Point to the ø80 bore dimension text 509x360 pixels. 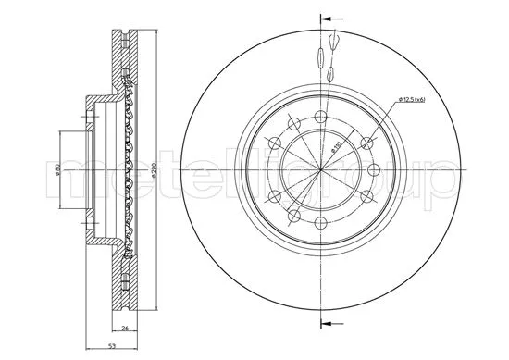tap(57, 171)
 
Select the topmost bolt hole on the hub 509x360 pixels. tap(320, 116)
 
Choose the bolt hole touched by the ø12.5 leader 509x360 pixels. tap(367, 142)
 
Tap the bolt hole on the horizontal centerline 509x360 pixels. tap(377, 171)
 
